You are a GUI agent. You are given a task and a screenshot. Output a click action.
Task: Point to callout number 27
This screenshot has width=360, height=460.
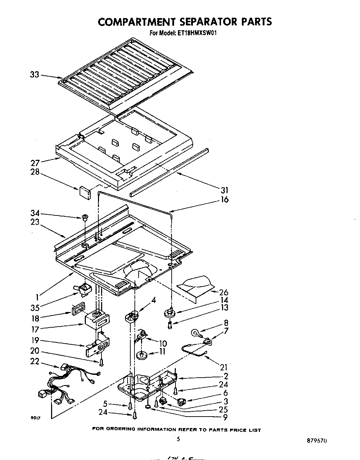35,162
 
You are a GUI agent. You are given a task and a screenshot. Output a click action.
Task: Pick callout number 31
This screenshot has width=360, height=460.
224,190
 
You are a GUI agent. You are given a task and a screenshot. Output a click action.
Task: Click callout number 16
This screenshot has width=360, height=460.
225,199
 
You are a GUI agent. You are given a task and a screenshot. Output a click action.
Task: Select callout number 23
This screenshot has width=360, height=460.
35,222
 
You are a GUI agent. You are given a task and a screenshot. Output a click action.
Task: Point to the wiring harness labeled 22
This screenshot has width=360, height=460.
69,386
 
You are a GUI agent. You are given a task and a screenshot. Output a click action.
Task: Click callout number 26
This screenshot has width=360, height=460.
224,292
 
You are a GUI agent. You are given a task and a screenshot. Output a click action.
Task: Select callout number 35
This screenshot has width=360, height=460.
35,307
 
